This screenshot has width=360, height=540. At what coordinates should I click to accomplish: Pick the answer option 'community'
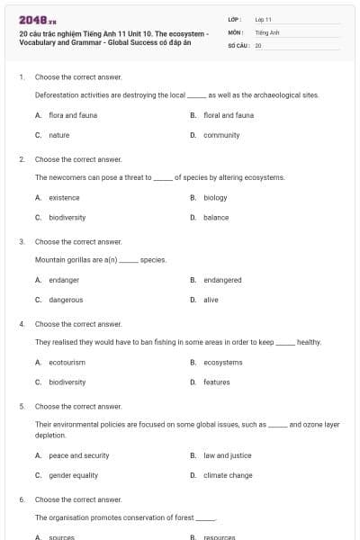click(x=221, y=135)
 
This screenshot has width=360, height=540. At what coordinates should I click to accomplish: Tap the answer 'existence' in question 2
click(x=64, y=197)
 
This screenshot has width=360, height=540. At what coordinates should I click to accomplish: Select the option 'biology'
click(x=215, y=197)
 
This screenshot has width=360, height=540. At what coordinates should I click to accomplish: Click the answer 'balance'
click(x=216, y=217)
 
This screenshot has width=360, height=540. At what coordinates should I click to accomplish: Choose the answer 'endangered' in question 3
click(x=222, y=280)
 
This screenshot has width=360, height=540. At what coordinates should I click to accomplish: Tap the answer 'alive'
click(x=211, y=300)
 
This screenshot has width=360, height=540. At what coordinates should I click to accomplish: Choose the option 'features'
click(x=216, y=382)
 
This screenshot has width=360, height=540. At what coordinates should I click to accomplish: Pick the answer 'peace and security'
click(x=78, y=455)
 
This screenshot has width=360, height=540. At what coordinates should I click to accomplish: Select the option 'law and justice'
click(x=227, y=455)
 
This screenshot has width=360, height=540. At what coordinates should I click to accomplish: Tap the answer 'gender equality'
click(x=73, y=475)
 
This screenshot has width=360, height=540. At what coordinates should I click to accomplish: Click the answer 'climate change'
click(x=228, y=475)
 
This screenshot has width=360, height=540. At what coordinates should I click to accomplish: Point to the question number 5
click(x=22, y=406)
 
